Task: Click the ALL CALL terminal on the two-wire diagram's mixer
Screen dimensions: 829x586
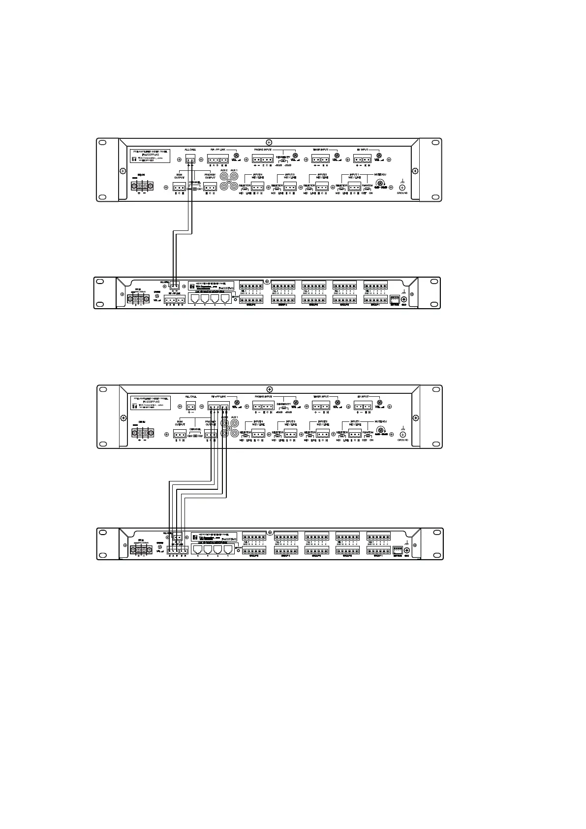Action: point(190,159)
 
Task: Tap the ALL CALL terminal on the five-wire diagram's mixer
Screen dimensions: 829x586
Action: point(191,406)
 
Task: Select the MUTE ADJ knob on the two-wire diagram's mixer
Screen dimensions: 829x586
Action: point(380,183)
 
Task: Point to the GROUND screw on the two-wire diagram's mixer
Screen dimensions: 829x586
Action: point(402,187)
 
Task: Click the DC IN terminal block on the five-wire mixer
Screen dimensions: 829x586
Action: point(142,433)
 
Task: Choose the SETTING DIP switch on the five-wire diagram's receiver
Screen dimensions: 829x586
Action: point(397,551)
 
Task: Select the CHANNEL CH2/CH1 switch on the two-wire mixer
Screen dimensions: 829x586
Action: point(195,189)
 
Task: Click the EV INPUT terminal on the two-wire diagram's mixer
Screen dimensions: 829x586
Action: point(362,159)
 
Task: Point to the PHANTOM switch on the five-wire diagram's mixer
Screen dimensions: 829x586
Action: point(368,435)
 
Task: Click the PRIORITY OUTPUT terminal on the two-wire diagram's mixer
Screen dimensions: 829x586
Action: point(210,187)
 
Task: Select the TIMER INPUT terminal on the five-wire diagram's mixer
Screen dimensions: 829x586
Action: point(320,406)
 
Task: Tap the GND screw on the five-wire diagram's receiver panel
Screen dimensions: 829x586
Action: point(406,551)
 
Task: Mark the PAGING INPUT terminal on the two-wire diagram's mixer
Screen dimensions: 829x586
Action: point(262,159)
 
